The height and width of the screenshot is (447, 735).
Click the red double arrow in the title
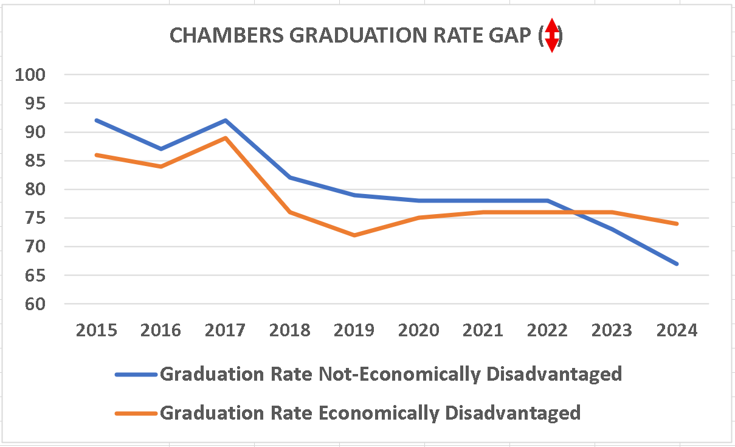coord(551,35)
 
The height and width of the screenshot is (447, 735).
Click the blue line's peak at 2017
coord(225,120)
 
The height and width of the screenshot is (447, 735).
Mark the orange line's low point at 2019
coord(354,235)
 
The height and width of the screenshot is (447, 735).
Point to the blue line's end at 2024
coord(677,263)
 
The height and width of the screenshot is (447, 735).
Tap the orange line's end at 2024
coord(677,224)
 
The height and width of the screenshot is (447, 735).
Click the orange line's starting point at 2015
coord(96,155)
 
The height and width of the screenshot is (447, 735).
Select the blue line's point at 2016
coord(160,148)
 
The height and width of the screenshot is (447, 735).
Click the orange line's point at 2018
coord(290,212)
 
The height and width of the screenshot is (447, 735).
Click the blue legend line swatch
coord(136,374)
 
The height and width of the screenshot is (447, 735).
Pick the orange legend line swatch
coord(136,414)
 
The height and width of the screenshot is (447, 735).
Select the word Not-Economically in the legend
coord(402,373)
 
